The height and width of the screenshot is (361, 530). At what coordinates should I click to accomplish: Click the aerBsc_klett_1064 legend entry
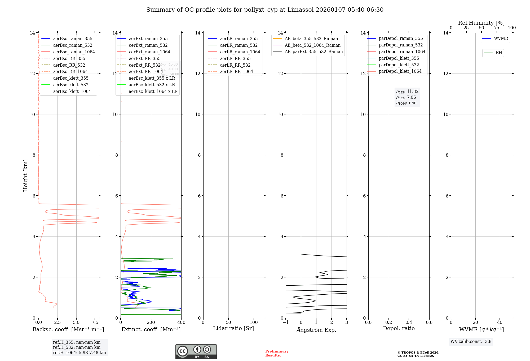[x=72, y=91]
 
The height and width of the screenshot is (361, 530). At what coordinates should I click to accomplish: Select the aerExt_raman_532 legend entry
[x=148, y=45]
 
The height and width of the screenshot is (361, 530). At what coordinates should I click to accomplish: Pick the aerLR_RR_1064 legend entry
[x=236, y=71]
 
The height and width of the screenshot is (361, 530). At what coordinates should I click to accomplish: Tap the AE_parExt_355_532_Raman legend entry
[x=313, y=51]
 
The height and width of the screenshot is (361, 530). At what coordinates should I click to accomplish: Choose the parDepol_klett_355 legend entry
[x=399, y=58]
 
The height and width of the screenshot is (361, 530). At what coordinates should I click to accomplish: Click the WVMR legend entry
[x=501, y=38]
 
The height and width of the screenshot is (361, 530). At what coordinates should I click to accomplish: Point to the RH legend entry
[x=499, y=53]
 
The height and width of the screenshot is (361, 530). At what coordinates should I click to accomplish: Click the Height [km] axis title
[x=25, y=175]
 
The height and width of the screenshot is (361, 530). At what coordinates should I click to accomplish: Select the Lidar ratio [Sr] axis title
[x=233, y=328]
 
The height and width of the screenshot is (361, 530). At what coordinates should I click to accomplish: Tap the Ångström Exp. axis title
[x=316, y=330]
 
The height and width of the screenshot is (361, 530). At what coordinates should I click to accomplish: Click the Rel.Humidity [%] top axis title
[x=481, y=23]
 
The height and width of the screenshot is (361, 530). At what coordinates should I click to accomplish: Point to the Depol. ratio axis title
[x=399, y=328]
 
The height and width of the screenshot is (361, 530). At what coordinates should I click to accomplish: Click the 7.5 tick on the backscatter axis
[x=95, y=323]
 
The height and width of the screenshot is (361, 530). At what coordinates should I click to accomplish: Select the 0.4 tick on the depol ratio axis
[x=409, y=323]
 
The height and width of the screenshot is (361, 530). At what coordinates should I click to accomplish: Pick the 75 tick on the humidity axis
[x=497, y=28]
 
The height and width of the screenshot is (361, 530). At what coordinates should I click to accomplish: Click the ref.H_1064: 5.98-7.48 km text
[x=79, y=353]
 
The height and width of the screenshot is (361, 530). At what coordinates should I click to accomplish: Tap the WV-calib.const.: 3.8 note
[x=471, y=342]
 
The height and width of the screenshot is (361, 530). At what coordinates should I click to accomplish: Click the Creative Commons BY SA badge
[x=196, y=351]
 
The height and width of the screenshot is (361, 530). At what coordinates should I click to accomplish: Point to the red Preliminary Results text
[x=277, y=353]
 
